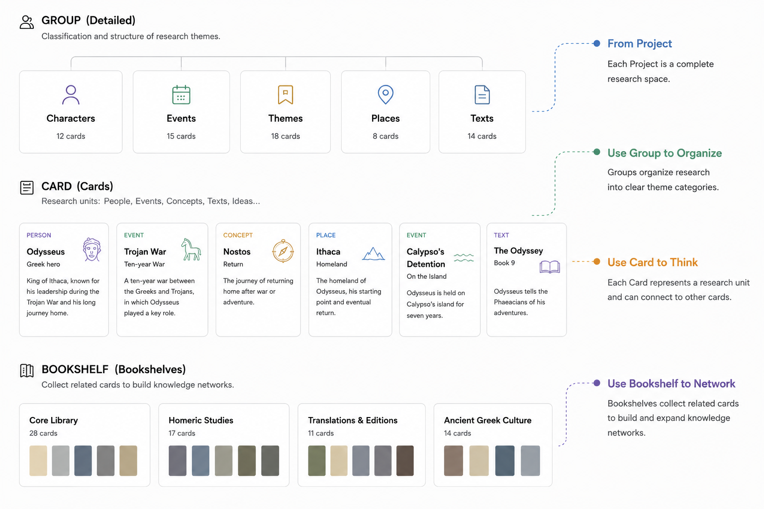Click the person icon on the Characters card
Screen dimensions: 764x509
[x=71, y=94]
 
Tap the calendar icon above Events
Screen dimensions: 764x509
[x=181, y=94]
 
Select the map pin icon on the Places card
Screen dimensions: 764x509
[x=385, y=94]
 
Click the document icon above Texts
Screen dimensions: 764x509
[x=482, y=94]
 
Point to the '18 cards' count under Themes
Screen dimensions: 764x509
[x=286, y=136]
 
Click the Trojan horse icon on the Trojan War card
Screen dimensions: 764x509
[x=191, y=250]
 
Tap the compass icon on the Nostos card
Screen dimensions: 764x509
[x=283, y=251]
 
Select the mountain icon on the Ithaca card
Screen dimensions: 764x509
[x=374, y=254]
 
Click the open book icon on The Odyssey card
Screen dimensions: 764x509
[x=550, y=266]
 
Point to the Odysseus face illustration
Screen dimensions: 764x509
[x=92, y=250]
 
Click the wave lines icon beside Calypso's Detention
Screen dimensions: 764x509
[x=464, y=258]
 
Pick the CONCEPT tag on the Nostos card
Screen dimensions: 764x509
[x=238, y=235]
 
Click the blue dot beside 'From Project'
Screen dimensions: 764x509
[x=596, y=43]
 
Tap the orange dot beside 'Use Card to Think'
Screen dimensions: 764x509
[x=596, y=261]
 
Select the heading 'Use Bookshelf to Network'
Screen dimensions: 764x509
[x=671, y=384]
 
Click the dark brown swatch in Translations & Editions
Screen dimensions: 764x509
[x=405, y=460]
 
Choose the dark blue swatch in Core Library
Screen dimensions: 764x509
[x=83, y=460]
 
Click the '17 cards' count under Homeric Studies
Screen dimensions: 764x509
[x=182, y=433]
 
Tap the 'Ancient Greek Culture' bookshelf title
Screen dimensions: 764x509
[x=487, y=420]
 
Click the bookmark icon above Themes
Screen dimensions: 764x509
[x=286, y=94]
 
